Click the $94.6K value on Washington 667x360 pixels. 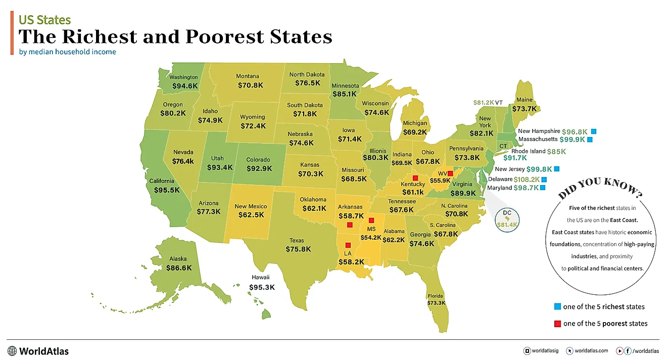click(x=185, y=86)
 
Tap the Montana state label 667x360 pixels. click(x=248, y=76)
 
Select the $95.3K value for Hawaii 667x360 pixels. click(x=262, y=287)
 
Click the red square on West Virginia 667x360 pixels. click(x=450, y=173)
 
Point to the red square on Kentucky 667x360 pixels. click(x=415, y=178)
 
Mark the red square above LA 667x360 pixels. click(x=348, y=245)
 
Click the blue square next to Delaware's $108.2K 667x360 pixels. click(x=544, y=179)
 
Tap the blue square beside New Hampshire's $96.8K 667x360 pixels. click(x=594, y=130)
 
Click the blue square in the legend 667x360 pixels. click(x=557, y=306)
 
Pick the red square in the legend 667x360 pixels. click(x=557, y=324)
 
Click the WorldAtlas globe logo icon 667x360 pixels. click(x=12, y=351)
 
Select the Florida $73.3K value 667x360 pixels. click(x=436, y=303)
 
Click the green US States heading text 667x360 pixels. click(x=44, y=20)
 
